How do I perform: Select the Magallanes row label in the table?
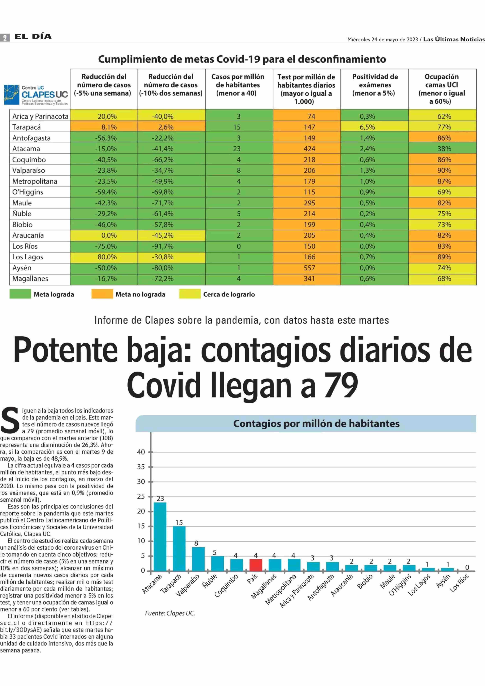[30, 279]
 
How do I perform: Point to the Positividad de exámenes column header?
[375, 85]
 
